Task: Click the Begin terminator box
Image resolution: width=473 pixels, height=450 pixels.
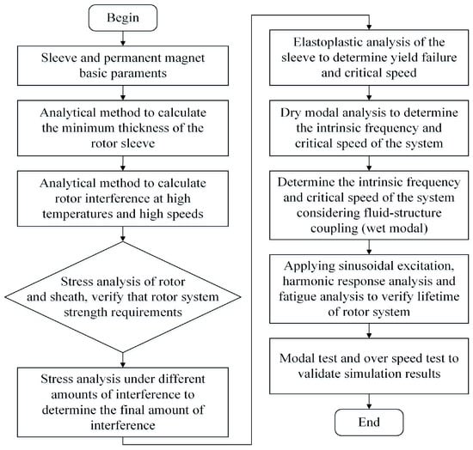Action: [123, 18]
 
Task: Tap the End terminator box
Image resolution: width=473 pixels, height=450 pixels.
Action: [369, 423]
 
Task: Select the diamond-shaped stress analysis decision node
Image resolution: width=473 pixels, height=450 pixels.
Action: [123, 296]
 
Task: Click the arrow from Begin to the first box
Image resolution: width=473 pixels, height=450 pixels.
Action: [123, 39]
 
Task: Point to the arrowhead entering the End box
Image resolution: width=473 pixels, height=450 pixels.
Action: [369, 406]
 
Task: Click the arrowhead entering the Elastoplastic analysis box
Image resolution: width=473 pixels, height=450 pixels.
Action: [369, 27]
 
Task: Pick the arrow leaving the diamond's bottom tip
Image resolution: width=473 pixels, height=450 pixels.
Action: [123, 360]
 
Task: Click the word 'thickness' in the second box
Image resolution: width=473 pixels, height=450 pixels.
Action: [144, 128]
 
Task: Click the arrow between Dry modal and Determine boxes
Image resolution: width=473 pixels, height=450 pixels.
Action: [369, 163]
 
